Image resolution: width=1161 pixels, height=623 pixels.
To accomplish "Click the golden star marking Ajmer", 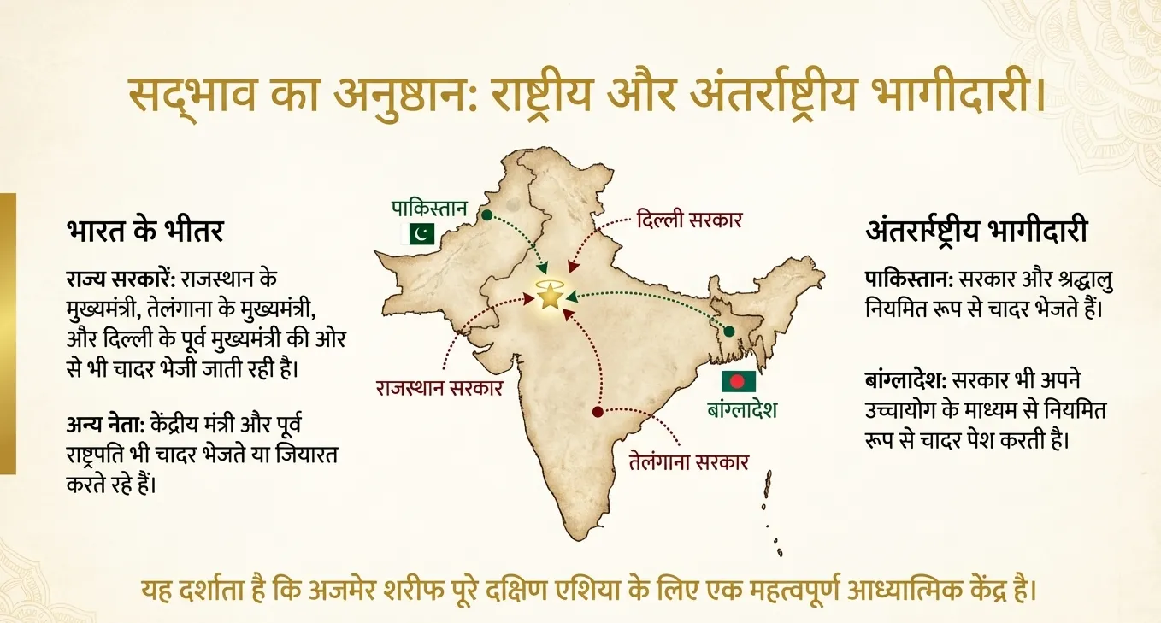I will pyautogui.click(x=548, y=297).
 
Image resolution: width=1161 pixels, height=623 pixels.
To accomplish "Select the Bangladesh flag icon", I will pyautogui.click(x=738, y=381).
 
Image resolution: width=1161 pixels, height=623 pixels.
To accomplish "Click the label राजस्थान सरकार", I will pyautogui.click(x=439, y=387).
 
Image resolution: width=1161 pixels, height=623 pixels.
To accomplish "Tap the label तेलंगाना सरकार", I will pyautogui.click(x=688, y=462).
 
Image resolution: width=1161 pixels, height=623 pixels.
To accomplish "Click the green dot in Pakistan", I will pyautogui.click(x=486, y=215).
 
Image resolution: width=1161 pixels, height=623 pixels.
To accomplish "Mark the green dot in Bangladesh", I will pyautogui.click(x=728, y=331).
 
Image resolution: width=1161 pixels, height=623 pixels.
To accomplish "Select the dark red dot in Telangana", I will pyautogui.click(x=598, y=412).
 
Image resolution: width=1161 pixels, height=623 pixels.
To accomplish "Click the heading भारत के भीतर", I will pyautogui.click(x=144, y=231).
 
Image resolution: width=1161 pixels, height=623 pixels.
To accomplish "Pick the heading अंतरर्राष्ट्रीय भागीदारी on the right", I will pyautogui.click(x=976, y=231).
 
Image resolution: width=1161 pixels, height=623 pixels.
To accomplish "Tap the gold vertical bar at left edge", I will pyautogui.click(x=8, y=333).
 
